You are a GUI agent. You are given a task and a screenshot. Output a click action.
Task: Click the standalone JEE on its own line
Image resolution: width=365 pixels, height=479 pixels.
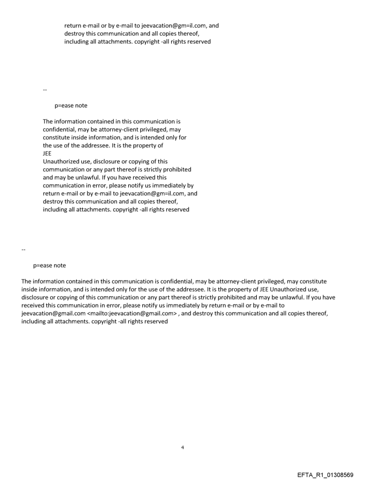pos(47,154)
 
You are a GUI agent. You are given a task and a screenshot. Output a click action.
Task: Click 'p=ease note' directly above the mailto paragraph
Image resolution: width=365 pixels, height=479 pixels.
pos(50,265)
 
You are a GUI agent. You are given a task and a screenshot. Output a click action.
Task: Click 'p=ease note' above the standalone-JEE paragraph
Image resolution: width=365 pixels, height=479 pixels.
pos(71,105)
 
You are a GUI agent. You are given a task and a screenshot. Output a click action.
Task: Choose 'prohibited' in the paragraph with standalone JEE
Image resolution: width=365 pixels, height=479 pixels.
pos(176,170)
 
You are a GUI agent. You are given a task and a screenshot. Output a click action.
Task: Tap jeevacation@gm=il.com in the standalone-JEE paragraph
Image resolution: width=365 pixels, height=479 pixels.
pos(154,194)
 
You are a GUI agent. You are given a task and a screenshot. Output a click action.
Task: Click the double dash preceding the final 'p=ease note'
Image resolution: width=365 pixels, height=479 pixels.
pos(23,249)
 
